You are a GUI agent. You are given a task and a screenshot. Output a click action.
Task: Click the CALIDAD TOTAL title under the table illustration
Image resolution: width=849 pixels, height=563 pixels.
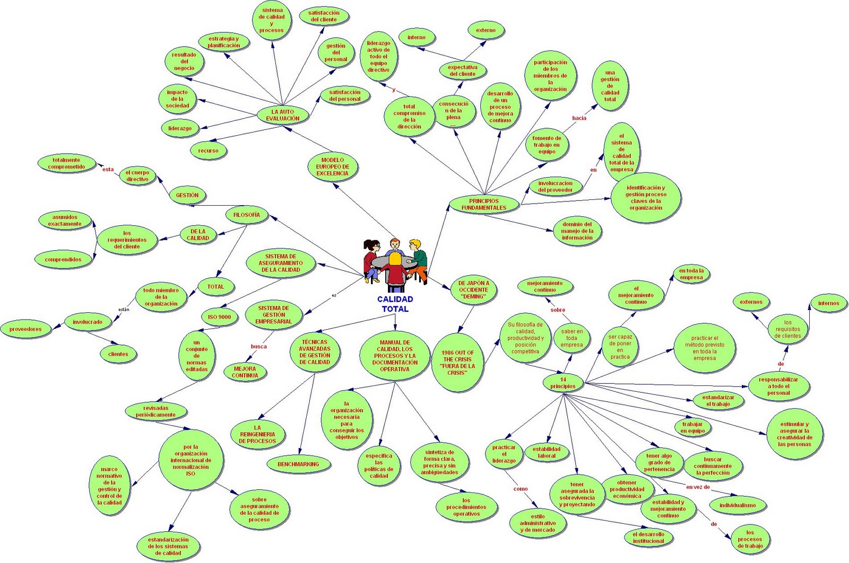[395, 304]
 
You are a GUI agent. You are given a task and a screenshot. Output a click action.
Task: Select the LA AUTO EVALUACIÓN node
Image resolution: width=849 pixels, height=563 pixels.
[282, 115]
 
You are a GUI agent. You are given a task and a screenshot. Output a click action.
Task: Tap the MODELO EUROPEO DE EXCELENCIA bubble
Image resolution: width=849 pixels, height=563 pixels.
[333, 166]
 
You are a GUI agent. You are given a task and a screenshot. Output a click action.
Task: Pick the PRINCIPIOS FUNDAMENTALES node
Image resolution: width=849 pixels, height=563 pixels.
[483, 204]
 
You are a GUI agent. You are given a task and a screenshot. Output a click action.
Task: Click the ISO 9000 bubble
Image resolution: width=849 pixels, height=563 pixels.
[219, 317]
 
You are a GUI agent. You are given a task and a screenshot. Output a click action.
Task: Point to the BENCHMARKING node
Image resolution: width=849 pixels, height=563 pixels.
[298, 464]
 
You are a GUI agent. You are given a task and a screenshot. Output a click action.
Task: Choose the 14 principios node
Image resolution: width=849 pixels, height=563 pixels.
[562, 383]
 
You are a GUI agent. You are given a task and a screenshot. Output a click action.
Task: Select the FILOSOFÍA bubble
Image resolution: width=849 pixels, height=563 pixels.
[246, 215]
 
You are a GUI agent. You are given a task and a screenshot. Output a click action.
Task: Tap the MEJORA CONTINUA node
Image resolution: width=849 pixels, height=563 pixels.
[245, 372]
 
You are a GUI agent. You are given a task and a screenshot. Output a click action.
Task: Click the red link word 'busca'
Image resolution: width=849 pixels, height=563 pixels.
[259, 347]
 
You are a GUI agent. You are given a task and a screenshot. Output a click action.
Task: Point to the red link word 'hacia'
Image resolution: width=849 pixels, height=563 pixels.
[579, 118]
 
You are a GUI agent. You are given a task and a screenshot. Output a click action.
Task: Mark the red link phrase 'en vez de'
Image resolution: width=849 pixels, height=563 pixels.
[698, 487]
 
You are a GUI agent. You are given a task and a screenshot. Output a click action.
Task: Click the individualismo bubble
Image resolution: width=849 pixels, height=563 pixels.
[738, 505]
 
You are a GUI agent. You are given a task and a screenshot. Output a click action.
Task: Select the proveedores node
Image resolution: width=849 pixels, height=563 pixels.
[25, 329]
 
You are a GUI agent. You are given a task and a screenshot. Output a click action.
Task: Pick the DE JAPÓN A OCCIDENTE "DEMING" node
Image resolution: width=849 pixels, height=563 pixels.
[474, 290]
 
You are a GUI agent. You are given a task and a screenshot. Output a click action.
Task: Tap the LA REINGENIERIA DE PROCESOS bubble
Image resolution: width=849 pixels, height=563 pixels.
[257, 434]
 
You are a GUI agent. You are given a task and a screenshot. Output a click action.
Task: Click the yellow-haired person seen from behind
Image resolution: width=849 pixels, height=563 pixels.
[395, 269]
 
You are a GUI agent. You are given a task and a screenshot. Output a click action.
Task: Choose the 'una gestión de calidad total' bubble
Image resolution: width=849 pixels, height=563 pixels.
[610, 86]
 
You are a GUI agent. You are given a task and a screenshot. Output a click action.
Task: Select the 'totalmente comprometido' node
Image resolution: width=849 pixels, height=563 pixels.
[66, 163]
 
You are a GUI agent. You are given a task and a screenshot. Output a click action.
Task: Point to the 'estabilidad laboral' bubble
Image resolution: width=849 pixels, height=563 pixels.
[547, 452]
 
